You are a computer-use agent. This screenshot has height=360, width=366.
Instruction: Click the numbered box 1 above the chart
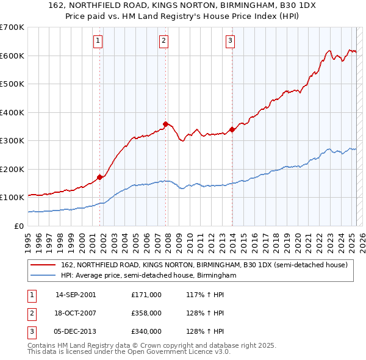pyautogui.click(x=98, y=41)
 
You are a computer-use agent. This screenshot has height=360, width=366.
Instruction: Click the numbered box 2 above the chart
pyautogui.click(x=164, y=41)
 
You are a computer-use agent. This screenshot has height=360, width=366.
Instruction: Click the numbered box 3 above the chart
pyautogui.click(x=230, y=41)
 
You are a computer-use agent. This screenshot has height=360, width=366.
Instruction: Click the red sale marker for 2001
pyautogui.click(x=100, y=177)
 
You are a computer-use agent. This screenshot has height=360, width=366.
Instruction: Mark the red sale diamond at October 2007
pyautogui.click(x=166, y=124)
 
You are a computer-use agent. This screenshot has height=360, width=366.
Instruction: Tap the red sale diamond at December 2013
pyautogui.click(x=232, y=129)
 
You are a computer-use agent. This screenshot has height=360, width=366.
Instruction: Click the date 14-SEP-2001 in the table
pyautogui.click(x=76, y=295)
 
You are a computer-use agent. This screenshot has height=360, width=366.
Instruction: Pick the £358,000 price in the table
pyautogui.click(x=146, y=313)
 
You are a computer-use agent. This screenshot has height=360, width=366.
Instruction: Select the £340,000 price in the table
pyautogui.click(x=146, y=331)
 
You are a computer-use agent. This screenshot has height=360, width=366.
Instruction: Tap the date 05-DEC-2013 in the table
pyautogui.click(x=76, y=331)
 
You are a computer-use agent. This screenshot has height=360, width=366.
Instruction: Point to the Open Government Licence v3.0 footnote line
pyautogui.click(x=129, y=352)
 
